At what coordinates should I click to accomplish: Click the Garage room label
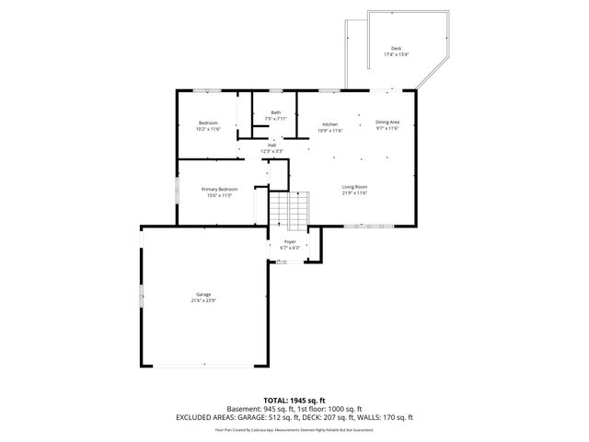click(x=202, y=295)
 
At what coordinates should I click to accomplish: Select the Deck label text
click(x=396, y=48)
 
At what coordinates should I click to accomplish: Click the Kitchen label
click(x=329, y=123)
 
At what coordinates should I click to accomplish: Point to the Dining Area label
click(x=387, y=122)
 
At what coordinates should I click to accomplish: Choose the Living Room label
click(x=354, y=187)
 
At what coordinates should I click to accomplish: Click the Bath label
click(x=275, y=112)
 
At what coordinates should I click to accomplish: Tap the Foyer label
click(x=290, y=241)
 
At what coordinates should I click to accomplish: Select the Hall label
click(x=272, y=145)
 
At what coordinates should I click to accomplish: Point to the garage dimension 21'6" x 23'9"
click(x=202, y=301)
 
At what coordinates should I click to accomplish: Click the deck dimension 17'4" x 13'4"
click(x=396, y=54)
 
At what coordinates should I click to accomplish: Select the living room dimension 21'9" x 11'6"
click(x=354, y=193)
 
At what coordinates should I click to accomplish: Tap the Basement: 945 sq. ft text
click(x=260, y=409)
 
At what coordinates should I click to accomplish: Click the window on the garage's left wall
click(x=141, y=297)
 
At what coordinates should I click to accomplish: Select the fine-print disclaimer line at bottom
click(x=294, y=429)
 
